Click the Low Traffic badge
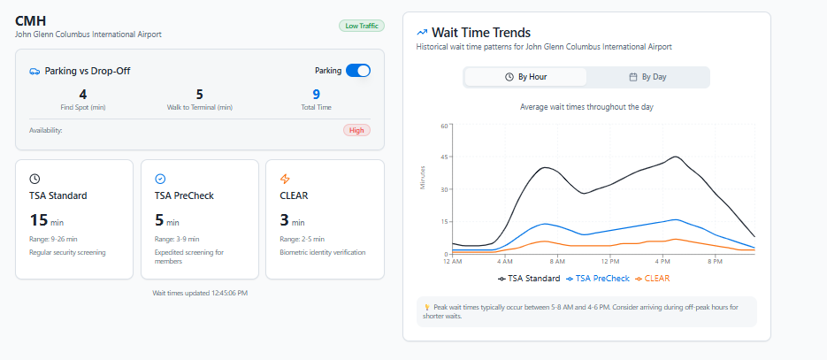click(x=361, y=26)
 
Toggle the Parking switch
click(x=357, y=71)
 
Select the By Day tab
click(x=647, y=77)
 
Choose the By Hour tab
click(x=525, y=77)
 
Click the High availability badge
click(x=356, y=130)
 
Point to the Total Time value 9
click(x=316, y=94)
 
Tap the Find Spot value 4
click(x=83, y=94)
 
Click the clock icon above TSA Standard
click(x=34, y=179)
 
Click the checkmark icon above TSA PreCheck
click(x=160, y=179)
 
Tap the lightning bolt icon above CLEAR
click(x=285, y=179)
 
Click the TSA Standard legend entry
click(x=529, y=278)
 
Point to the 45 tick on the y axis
click(x=445, y=157)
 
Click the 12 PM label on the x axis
click(x=609, y=261)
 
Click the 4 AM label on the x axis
click(x=505, y=261)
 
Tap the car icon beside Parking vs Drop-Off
click(x=34, y=71)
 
